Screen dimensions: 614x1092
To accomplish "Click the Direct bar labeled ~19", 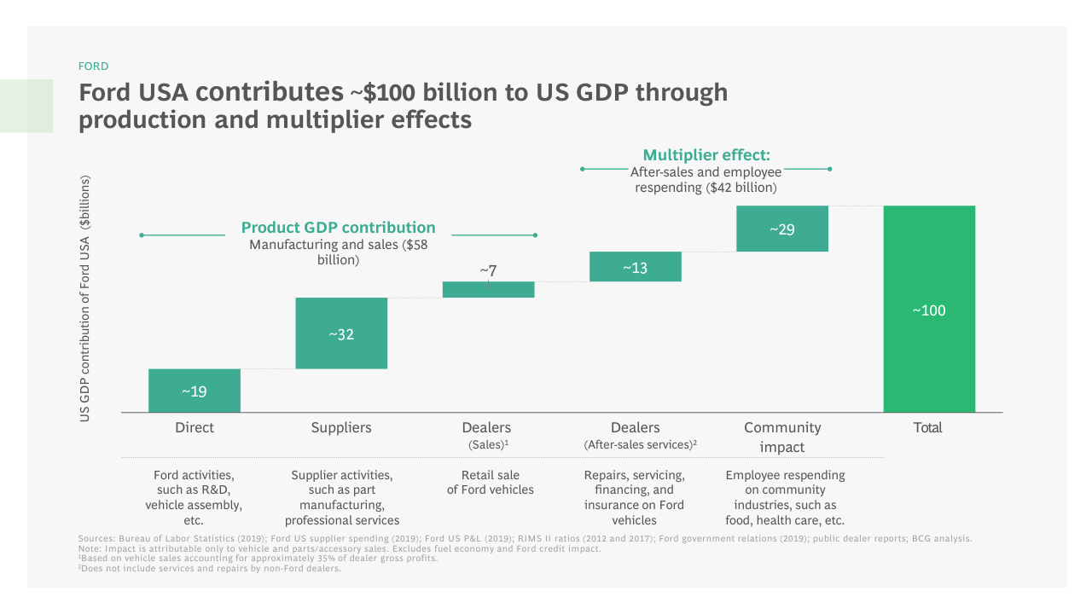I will [195, 391].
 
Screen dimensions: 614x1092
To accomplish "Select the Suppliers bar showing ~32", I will [341, 333].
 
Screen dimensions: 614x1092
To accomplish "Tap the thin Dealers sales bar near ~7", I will [488, 290].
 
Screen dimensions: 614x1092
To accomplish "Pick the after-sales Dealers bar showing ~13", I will [636, 267].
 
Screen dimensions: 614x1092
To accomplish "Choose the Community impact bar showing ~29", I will [782, 229].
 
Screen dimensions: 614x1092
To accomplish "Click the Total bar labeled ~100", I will [929, 310].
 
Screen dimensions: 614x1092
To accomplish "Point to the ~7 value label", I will [488, 270].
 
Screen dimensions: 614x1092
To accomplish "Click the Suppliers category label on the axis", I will [341, 427].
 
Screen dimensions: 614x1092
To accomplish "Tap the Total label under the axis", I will [928, 427].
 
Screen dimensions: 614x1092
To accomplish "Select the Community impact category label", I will [782, 437].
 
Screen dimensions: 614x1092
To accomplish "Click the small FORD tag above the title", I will [93, 66].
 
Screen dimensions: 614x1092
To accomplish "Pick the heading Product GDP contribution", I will [338, 228].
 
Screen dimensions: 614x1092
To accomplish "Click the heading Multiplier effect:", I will [706, 154].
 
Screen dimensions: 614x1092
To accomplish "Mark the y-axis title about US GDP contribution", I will [85, 298].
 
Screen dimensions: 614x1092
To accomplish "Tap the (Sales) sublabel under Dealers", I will [488, 445].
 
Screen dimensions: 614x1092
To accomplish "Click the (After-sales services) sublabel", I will [641, 445].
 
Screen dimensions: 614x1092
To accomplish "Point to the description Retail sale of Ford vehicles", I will [491, 483].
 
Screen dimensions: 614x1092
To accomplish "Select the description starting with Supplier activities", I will [342, 497].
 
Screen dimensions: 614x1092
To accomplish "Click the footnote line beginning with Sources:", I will [525, 538].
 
